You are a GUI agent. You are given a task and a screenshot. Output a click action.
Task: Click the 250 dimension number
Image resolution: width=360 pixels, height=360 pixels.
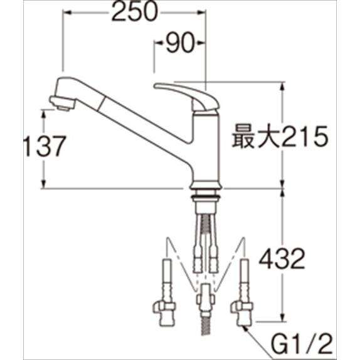pos(135,11)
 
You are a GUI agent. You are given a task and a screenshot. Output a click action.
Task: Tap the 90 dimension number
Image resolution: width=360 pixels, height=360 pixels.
pos(180,43)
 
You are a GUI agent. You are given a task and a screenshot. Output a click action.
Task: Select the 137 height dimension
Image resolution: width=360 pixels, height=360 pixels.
pos(45,146)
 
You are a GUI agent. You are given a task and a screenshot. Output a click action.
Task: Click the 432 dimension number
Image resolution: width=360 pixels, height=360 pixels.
pos(282,259)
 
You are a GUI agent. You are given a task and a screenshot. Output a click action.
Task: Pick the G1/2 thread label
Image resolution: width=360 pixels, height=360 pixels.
pos(302,344)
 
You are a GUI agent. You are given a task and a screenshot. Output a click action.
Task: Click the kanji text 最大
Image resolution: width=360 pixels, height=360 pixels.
pos(256,137)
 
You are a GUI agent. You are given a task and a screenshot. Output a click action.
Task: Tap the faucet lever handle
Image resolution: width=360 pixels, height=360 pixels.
pos(186,96)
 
